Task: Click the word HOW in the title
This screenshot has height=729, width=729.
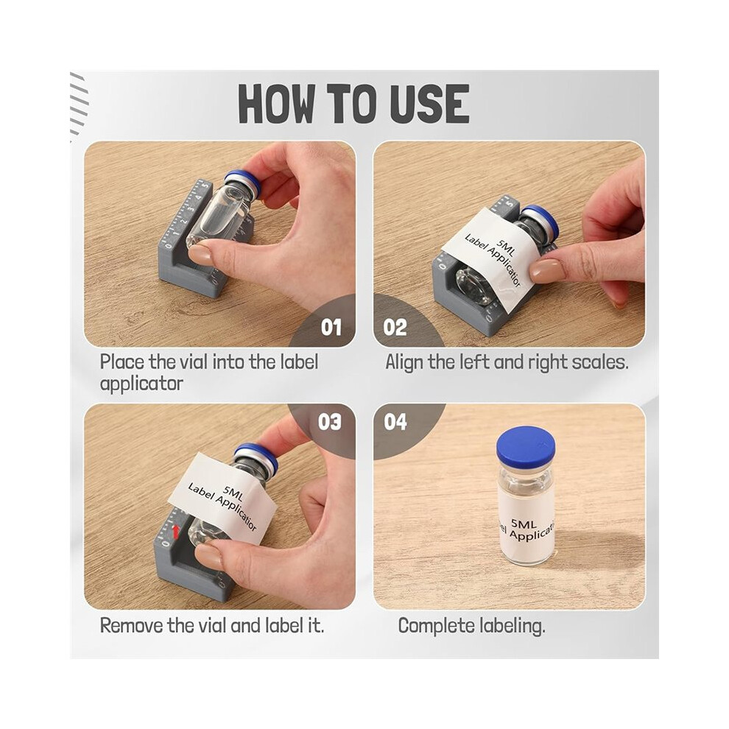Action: pos(276,104)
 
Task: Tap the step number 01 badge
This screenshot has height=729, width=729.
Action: pos(331,327)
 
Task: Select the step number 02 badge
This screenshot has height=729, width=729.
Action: pos(395,327)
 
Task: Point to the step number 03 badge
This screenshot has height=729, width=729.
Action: pos(330,422)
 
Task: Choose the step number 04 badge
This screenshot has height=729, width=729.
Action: pos(395,422)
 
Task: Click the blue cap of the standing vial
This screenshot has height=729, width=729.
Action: pos(525,446)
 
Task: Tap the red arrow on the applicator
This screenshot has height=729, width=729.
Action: pos(176,532)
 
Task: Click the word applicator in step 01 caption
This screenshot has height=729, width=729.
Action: pos(141,384)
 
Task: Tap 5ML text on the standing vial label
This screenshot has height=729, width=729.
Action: pos(524,524)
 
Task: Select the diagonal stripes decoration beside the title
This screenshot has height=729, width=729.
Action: pos(78,106)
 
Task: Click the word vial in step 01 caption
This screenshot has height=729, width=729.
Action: pos(193,362)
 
